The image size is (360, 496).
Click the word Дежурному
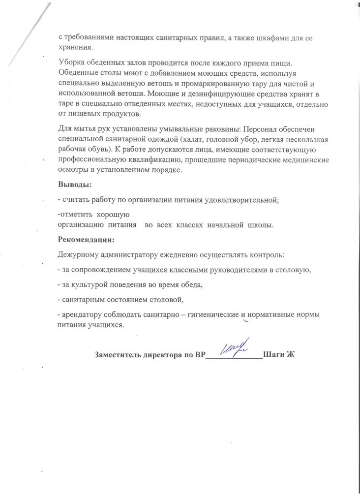tap(80, 255)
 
